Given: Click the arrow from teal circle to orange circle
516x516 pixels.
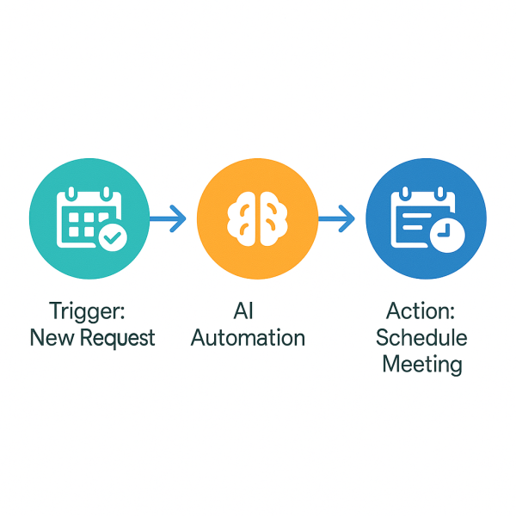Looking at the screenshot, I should click(169, 220).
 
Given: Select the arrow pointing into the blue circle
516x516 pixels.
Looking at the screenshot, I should click(337, 220).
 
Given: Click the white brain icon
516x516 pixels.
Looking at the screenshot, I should click(256, 220).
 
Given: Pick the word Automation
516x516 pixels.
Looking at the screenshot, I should click(248, 337).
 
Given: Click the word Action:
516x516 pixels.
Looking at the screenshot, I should click(421, 310).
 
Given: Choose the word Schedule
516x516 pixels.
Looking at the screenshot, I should click(421, 336).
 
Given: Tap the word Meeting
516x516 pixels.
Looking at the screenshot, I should click(421, 364).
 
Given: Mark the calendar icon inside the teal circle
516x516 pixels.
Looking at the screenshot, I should click(86, 218).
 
